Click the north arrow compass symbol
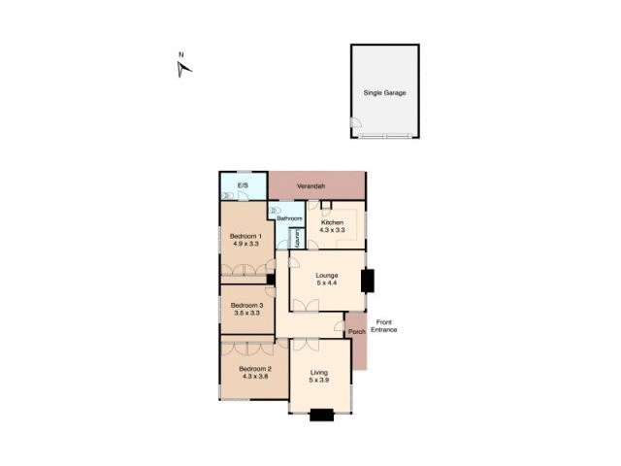184,67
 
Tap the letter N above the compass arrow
180,54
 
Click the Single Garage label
384,93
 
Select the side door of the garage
355,125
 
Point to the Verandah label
311,185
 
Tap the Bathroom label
289,219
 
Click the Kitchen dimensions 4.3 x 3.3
333,231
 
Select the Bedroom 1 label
244,237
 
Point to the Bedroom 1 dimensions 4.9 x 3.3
244,246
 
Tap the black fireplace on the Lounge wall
367,281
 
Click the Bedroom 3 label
246,306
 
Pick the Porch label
356,331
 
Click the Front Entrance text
383,326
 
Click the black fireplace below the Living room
320,416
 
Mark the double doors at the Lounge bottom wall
305,307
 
